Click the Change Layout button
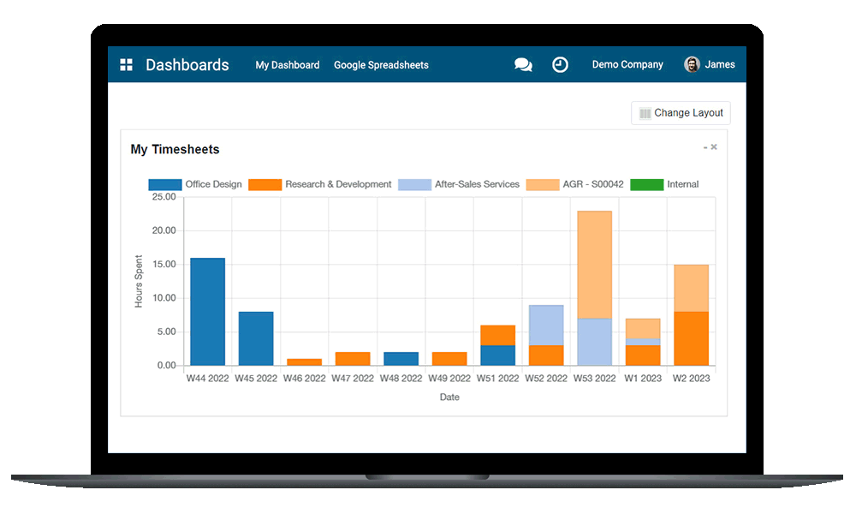pos(681,113)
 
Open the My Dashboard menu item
pos(288,65)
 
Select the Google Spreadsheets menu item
pos(381,65)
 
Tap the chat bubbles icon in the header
pos(523,65)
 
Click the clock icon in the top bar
pos(560,65)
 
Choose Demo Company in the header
pos(627,65)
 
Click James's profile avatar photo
pos(692,65)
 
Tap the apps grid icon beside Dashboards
pos(126,65)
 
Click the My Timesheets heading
pos(175,149)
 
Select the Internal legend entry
pos(665,184)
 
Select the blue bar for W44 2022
pos(207,312)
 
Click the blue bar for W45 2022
pos(256,338)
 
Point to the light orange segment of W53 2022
pos(594,264)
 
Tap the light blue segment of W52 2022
pos(546,325)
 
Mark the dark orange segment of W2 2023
pos(691,338)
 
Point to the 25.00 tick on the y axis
pos(163,197)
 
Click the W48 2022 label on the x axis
pos(401,379)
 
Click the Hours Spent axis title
pos(139,281)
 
